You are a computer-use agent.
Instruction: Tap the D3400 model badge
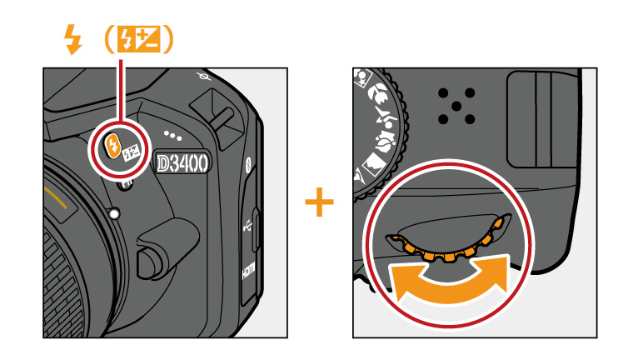coord(181,160)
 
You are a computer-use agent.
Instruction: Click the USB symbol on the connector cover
coord(247,225)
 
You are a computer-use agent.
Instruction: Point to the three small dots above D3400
coord(172,133)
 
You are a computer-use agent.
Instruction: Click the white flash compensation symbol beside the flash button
coord(131,153)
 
